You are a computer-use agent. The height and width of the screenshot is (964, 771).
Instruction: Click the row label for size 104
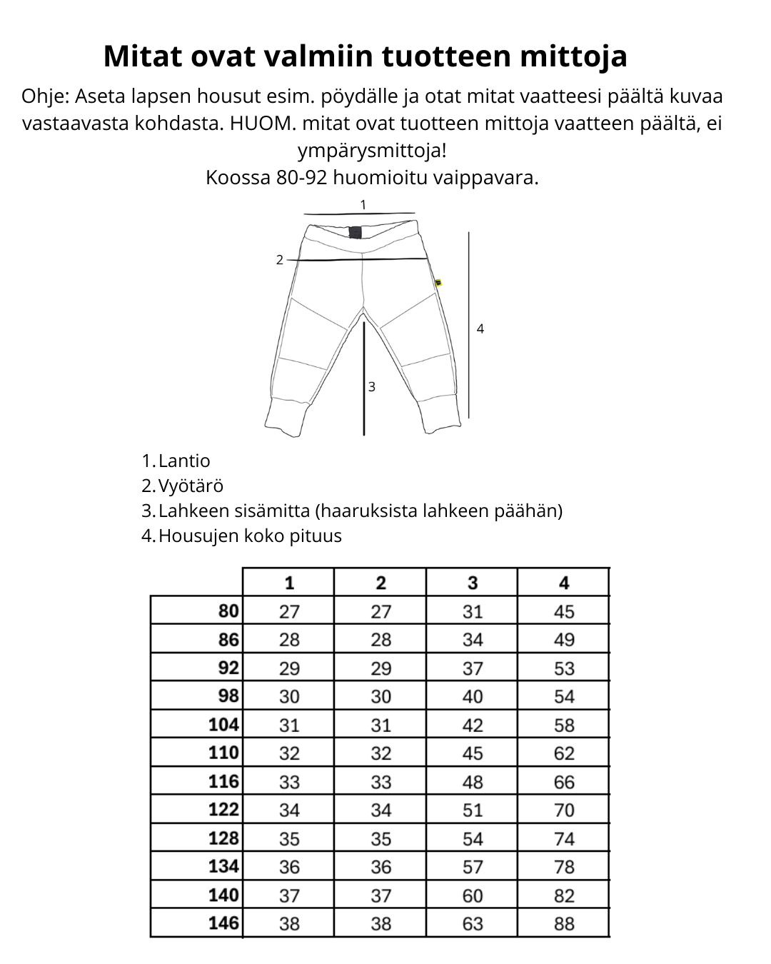click(x=223, y=724)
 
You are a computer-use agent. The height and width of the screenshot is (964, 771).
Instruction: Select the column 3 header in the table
click(x=472, y=583)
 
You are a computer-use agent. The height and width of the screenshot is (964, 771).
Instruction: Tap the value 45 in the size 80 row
click(x=563, y=611)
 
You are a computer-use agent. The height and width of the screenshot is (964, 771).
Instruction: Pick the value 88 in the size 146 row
click(x=563, y=923)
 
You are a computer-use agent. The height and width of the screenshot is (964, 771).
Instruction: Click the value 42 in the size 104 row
click(x=472, y=725)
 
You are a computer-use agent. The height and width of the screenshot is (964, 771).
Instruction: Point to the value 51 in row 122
click(x=472, y=810)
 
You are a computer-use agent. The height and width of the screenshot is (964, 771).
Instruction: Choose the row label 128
click(x=223, y=838)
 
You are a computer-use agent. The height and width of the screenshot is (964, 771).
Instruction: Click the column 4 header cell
click(x=563, y=583)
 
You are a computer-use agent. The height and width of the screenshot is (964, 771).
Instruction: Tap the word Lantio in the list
click(x=184, y=461)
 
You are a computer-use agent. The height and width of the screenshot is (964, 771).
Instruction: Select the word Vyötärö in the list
click(x=191, y=486)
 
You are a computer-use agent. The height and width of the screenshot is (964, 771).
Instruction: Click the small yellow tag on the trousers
click(x=438, y=283)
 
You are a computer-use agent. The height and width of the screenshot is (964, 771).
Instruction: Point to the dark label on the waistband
click(x=355, y=232)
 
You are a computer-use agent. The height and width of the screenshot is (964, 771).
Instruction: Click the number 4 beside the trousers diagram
click(x=480, y=329)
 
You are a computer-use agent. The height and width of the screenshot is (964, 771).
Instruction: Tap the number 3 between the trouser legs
click(x=371, y=387)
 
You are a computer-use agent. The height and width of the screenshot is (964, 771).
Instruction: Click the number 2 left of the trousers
click(x=280, y=260)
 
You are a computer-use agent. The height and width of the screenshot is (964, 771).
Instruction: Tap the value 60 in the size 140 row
click(x=472, y=895)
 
